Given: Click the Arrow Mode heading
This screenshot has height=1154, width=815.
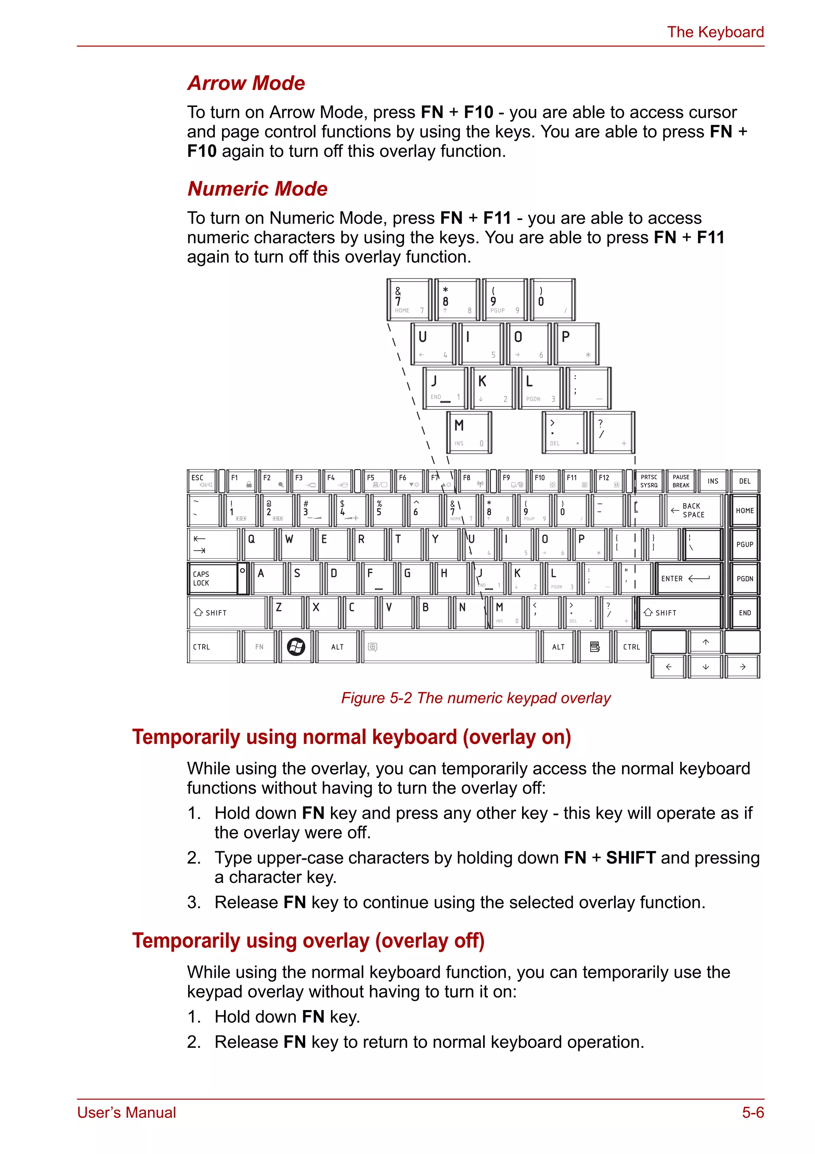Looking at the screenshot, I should click(246, 84).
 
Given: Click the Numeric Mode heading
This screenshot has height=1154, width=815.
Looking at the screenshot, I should click(257, 189).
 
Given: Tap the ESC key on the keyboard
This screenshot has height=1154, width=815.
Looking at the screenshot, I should click(202, 481).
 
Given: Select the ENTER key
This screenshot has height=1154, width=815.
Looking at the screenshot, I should click(689, 578).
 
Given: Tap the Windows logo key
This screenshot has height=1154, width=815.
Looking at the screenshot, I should click(296, 647).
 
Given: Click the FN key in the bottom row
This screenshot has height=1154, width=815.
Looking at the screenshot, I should click(259, 647).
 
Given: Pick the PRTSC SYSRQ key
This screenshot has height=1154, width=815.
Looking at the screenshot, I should click(649, 481).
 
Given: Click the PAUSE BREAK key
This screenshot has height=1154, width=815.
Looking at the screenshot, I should click(681, 481).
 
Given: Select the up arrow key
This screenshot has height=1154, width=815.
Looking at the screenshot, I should click(706, 642).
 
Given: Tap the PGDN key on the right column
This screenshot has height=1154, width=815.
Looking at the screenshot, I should click(745, 578).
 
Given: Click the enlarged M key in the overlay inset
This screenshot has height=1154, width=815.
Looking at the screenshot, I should click(469, 432).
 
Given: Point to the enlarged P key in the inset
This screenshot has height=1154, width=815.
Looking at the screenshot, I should click(576, 344).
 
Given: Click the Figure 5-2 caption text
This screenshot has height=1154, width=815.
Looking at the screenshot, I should click(476, 698).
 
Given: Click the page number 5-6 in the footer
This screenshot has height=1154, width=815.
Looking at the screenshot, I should click(753, 1112).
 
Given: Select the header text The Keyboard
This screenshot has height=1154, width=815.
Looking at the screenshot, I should click(715, 32).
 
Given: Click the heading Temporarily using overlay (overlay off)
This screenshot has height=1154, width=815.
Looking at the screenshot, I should click(308, 941).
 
